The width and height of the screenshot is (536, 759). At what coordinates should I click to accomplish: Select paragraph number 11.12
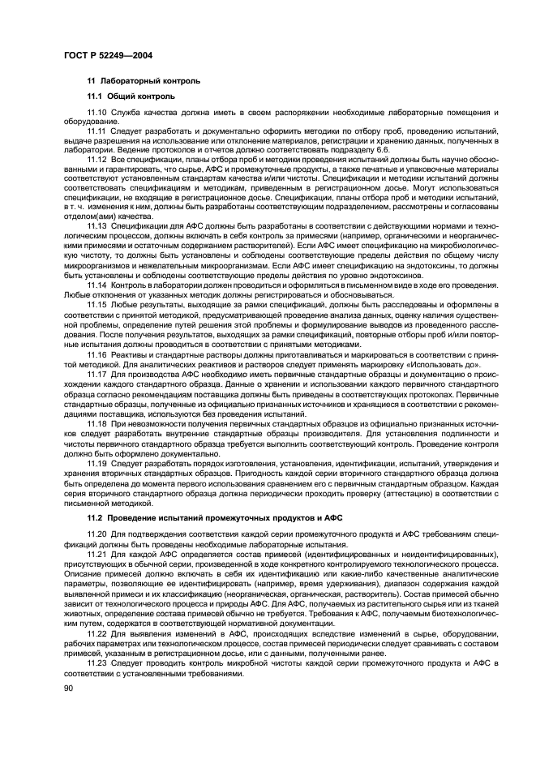97,158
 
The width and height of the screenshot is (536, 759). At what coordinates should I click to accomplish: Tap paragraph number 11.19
97,462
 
